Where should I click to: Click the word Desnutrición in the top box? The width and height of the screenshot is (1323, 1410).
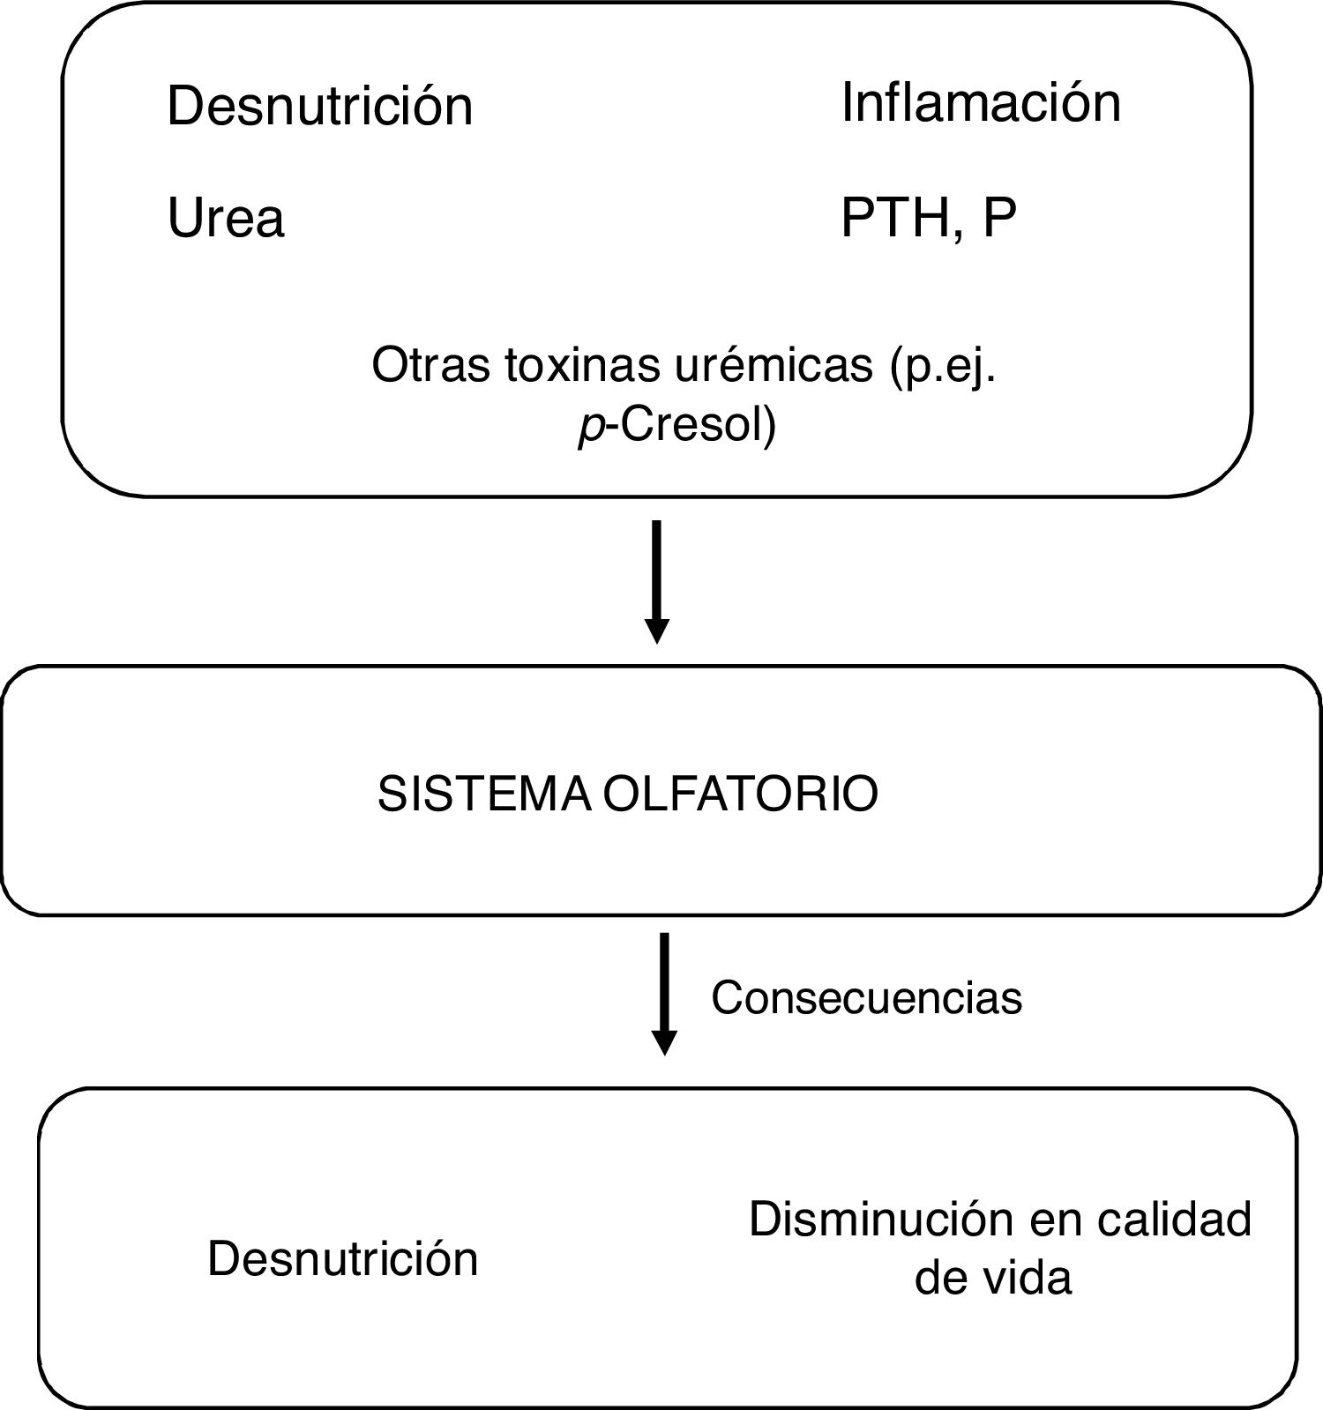(319, 106)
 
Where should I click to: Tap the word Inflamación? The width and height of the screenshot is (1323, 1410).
(981, 102)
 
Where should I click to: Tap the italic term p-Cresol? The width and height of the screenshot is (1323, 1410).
(676, 426)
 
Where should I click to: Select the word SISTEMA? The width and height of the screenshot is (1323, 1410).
(484, 794)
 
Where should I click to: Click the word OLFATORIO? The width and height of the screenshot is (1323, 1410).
(741, 794)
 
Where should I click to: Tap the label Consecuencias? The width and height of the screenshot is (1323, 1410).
(866, 998)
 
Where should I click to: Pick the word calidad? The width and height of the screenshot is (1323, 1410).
(1175, 1220)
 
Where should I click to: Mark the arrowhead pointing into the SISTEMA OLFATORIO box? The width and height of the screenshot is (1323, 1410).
(657, 631)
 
